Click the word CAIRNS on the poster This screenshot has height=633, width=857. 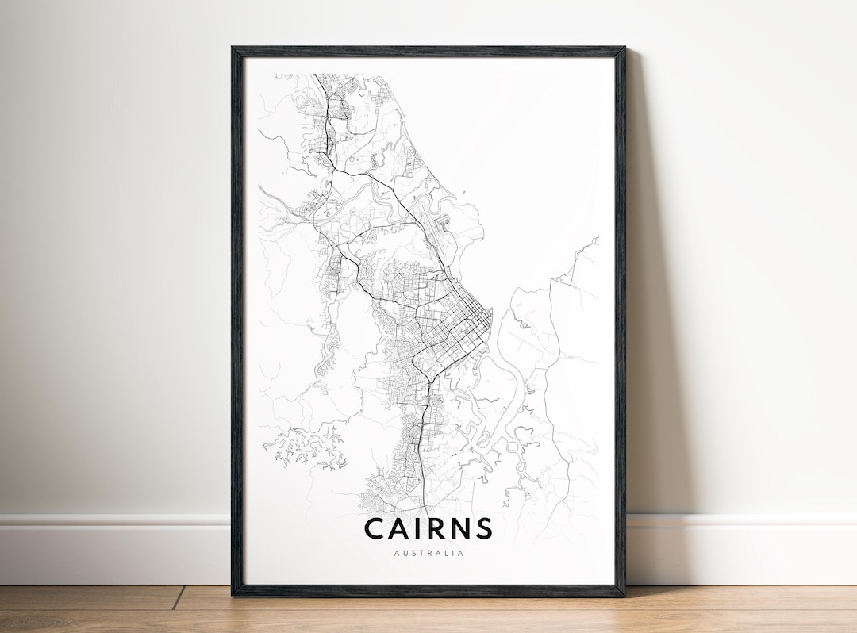[x=428, y=528]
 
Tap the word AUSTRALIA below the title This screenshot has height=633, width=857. [x=428, y=553]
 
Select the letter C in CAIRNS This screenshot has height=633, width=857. [x=375, y=528]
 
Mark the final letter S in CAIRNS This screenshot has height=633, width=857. [x=485, y=528]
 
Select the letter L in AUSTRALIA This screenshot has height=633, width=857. [x=444, y=553]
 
